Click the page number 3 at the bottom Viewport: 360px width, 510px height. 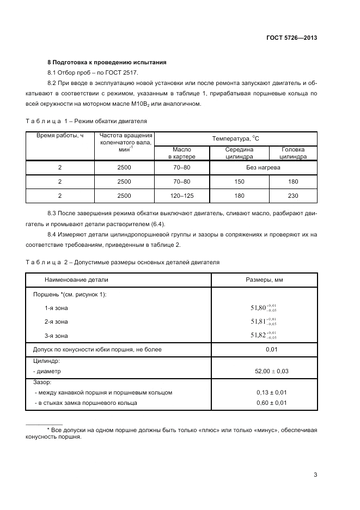tap(315, 474)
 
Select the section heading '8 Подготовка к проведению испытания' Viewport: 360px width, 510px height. tap(107, 62)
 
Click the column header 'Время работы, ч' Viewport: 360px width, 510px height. tap(60, 135)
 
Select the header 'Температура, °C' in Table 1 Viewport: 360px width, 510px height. tap(236, 138)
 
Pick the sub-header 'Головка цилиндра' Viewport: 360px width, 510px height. tap(293, 153)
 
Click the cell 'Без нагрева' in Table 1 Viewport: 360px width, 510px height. tap(263, 168)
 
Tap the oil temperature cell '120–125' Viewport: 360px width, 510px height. tap(181, 195)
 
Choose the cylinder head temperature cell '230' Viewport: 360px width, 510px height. tap(293, 195)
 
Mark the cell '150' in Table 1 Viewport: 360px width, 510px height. tap(239, 181)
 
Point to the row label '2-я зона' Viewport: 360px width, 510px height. tap(57, 321)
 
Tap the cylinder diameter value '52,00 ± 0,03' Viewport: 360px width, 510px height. tap(271, 371)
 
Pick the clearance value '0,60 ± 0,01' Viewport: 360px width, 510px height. tap(271, 403)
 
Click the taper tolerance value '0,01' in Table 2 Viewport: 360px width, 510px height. tap(272, 349)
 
